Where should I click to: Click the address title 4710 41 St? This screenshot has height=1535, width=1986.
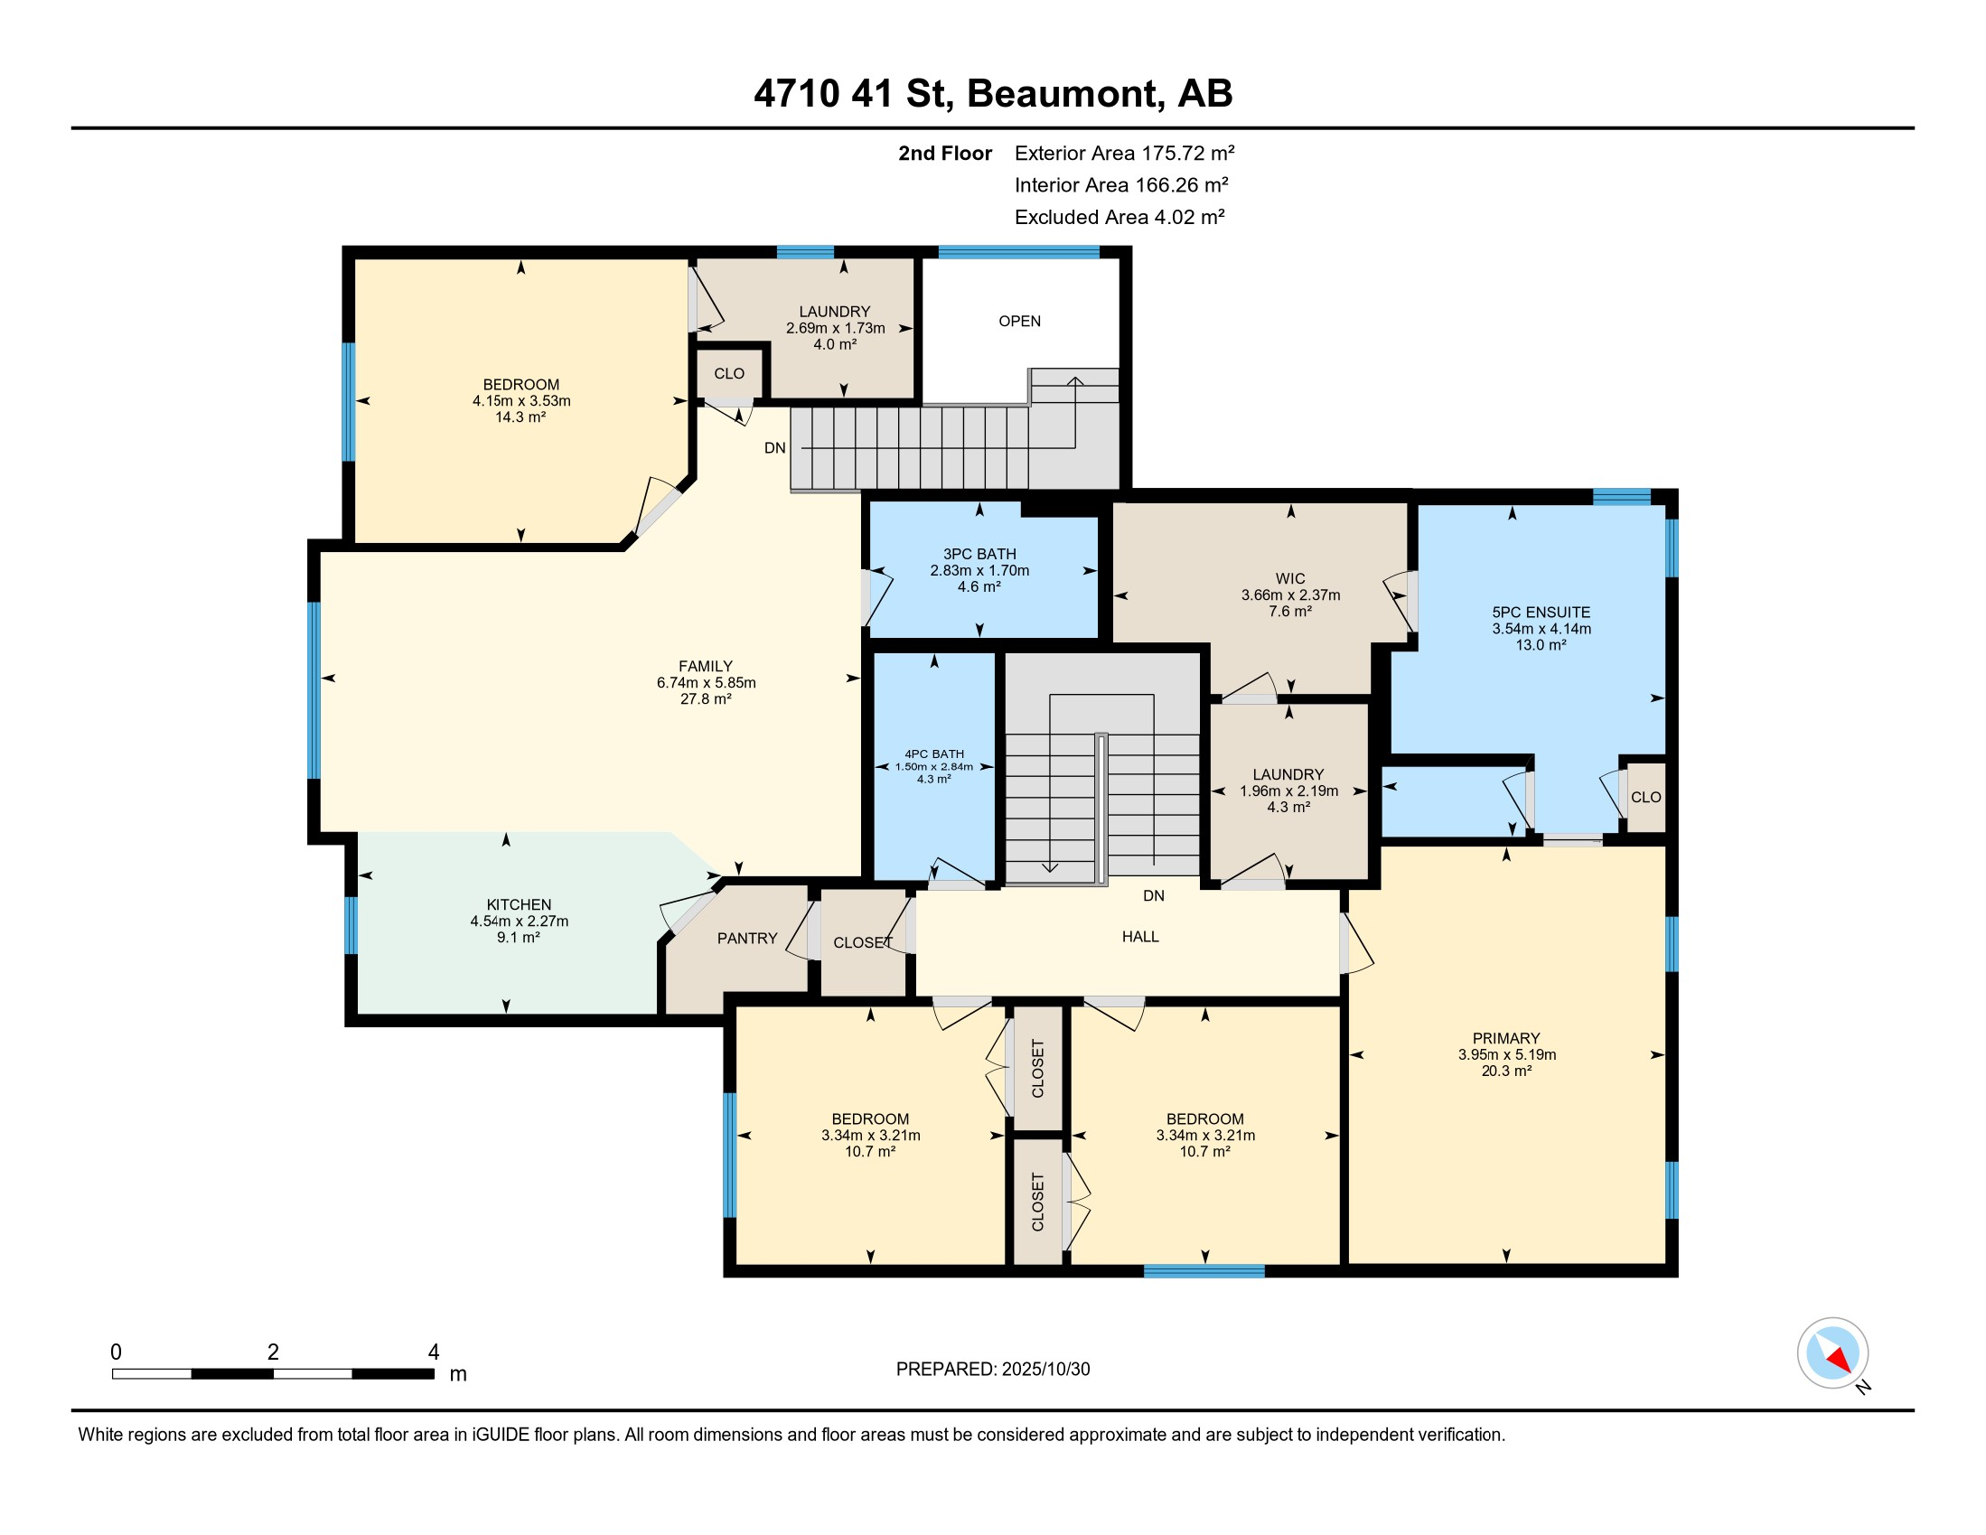[992, 93]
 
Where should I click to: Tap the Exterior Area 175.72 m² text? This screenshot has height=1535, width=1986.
[1124, 153]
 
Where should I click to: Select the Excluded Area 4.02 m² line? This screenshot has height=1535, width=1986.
[1119, 217]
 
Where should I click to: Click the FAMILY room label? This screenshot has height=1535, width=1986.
[705, 666]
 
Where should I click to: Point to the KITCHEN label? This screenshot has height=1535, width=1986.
[518, 904]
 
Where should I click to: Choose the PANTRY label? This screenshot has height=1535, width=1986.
[746, 938]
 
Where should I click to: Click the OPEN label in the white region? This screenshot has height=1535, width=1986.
[1019, 321]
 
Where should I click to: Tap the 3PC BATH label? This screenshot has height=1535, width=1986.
[979, 554]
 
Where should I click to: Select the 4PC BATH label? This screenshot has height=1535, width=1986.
[934, 754]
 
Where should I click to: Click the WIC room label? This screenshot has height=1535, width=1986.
[1290, 578]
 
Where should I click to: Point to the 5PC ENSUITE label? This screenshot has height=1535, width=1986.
[1540, 612]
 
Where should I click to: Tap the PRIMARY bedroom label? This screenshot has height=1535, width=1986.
[1505, 1038]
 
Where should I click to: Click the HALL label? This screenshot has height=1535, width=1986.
[1139, 936]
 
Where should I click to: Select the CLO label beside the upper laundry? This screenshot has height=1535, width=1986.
[729, 373]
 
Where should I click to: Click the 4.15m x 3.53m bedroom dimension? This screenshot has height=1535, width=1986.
[521, 401]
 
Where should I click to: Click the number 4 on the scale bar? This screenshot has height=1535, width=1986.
[433, 1351]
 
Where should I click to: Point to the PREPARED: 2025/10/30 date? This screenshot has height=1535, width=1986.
[992, 1369]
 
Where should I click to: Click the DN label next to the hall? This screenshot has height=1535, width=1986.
[1153, 895]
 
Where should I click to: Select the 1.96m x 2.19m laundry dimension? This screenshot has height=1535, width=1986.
[1288, 790]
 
